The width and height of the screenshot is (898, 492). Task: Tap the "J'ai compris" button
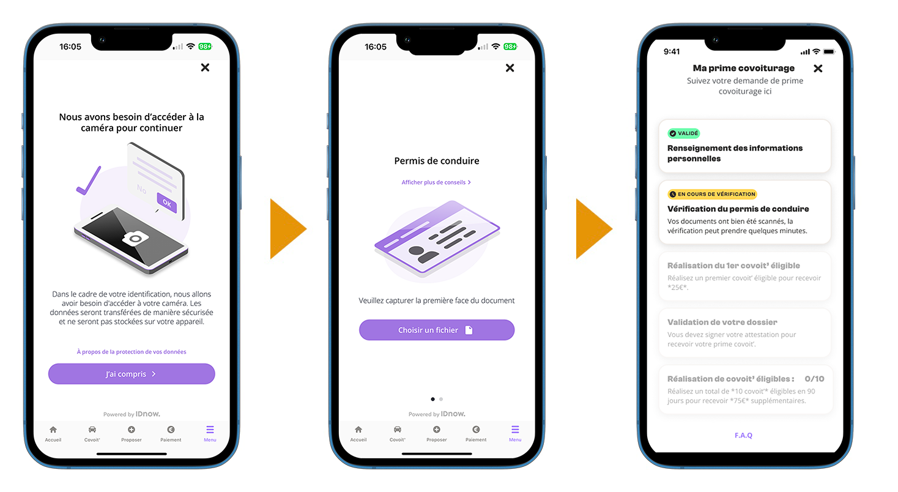(x=132, y=374)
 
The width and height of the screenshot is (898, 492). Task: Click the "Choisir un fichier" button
(x=436, y=330)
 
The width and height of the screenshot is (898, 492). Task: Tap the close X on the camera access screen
(x=205, y=67)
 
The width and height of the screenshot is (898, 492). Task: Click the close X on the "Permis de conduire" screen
(x=510, y=68)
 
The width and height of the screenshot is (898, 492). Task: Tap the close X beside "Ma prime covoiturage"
(x=818, y=69)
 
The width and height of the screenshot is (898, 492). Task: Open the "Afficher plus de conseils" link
(x=436, y=182)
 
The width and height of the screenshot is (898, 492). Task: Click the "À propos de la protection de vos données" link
(x=132, y=352)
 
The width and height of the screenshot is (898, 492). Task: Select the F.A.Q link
(x=743, y=435)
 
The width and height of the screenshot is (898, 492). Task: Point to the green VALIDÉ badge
(x=683, y=133)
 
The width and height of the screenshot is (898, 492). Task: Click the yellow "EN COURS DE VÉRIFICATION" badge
(x=712, y=194)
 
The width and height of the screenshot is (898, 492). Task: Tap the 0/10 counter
(x=814, y=379)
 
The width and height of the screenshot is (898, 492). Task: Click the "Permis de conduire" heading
(x=436, y=161)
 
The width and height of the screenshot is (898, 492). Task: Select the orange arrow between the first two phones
(x=288, y=229)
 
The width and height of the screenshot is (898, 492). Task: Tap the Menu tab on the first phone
(x=210, y=433)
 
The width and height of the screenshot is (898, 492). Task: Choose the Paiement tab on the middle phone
(x=476, y=433)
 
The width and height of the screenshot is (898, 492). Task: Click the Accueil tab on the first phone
(x=53, y=433)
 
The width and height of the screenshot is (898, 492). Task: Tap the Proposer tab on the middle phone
(x=437, y=433)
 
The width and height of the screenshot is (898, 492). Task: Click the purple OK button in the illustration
(x=167, y=203)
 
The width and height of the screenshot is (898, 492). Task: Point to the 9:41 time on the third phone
(x=672, y=51)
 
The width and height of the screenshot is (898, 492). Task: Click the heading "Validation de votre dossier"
(x=722, y=322)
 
